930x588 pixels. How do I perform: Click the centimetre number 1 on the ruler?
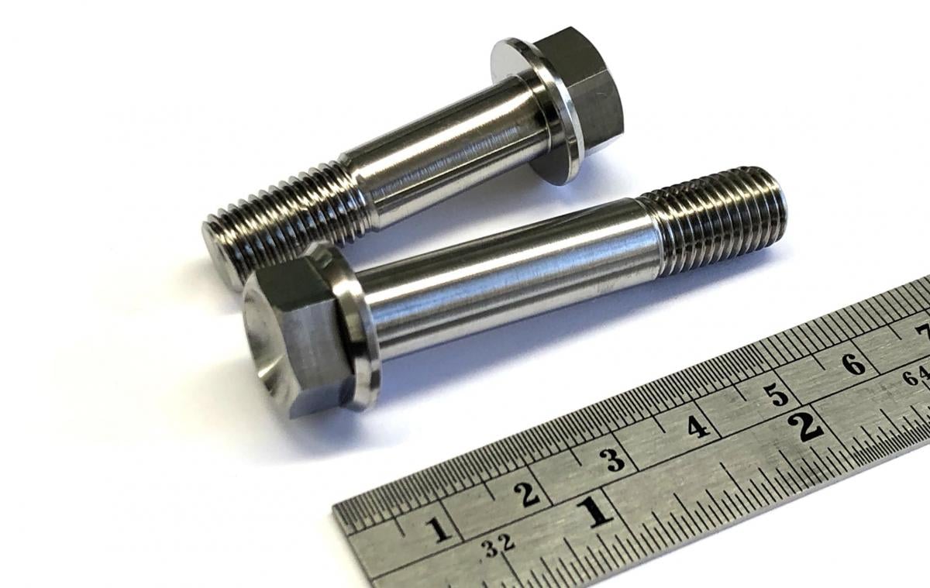point(439,530)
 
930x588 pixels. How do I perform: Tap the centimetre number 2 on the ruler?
point(529,493)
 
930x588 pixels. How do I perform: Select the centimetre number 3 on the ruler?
point(614,460)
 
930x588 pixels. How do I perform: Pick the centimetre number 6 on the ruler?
point(853,363)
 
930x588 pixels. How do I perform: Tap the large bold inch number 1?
point(595,512)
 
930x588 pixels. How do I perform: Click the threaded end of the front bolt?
point(717,221)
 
